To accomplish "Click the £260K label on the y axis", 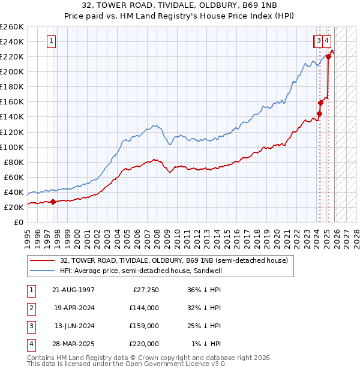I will pos(11,27).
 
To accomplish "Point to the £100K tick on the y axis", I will pos(11,147).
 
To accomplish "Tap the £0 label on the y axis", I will pos(18,222).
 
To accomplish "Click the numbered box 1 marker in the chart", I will pos(51,41).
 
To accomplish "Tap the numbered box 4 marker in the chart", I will pos(327,41).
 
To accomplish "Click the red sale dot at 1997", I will pos(53,202).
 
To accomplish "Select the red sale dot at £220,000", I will pos(328,56).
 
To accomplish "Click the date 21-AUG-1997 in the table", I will pos(73,290).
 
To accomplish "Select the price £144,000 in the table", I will pos(143,308).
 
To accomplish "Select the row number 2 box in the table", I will pos(31,308).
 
